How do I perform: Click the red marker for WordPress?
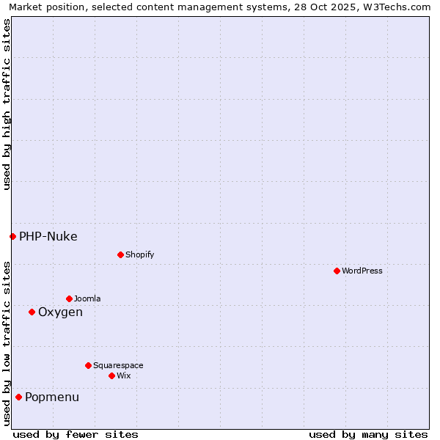(337, 271)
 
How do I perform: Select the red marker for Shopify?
(120, 254)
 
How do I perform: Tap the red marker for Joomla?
(69, 298)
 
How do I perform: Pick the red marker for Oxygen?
(32, 312)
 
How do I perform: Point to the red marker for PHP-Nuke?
(12, 236)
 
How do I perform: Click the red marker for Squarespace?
(88, 365)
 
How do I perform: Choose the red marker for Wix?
(111, 375)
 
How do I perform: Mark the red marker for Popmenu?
(18, 397)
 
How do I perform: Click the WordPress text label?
(362, 271)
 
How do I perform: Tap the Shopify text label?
(140, 254)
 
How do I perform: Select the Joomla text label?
(87, 298)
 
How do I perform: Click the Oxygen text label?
(60, 312)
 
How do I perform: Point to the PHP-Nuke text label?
(48, 236)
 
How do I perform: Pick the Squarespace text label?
(118, 365)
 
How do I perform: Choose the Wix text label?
(124, 375)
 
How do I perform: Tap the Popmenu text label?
(52, 397)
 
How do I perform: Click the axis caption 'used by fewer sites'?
(76, 434)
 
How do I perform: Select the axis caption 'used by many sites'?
(368, 434)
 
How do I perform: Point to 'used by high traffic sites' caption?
(7, 104)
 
